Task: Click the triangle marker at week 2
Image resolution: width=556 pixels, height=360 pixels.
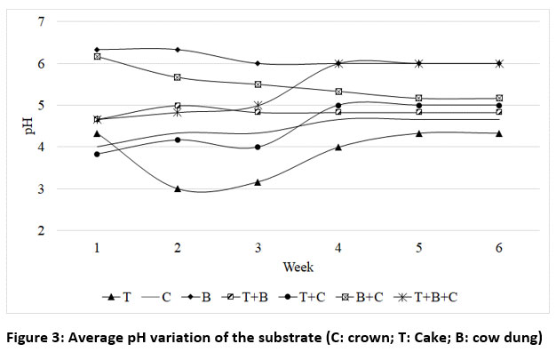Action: tap(178, 189)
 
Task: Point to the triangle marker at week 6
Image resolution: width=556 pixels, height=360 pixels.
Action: tap(498, 133)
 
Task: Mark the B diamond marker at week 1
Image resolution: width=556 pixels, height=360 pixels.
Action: tap(97, 50)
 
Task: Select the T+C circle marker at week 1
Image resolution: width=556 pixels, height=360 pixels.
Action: tap(97, 154)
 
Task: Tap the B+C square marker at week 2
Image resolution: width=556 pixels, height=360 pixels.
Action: tap(178, 77)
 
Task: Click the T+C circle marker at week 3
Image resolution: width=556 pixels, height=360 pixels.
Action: tap(258, 147)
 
